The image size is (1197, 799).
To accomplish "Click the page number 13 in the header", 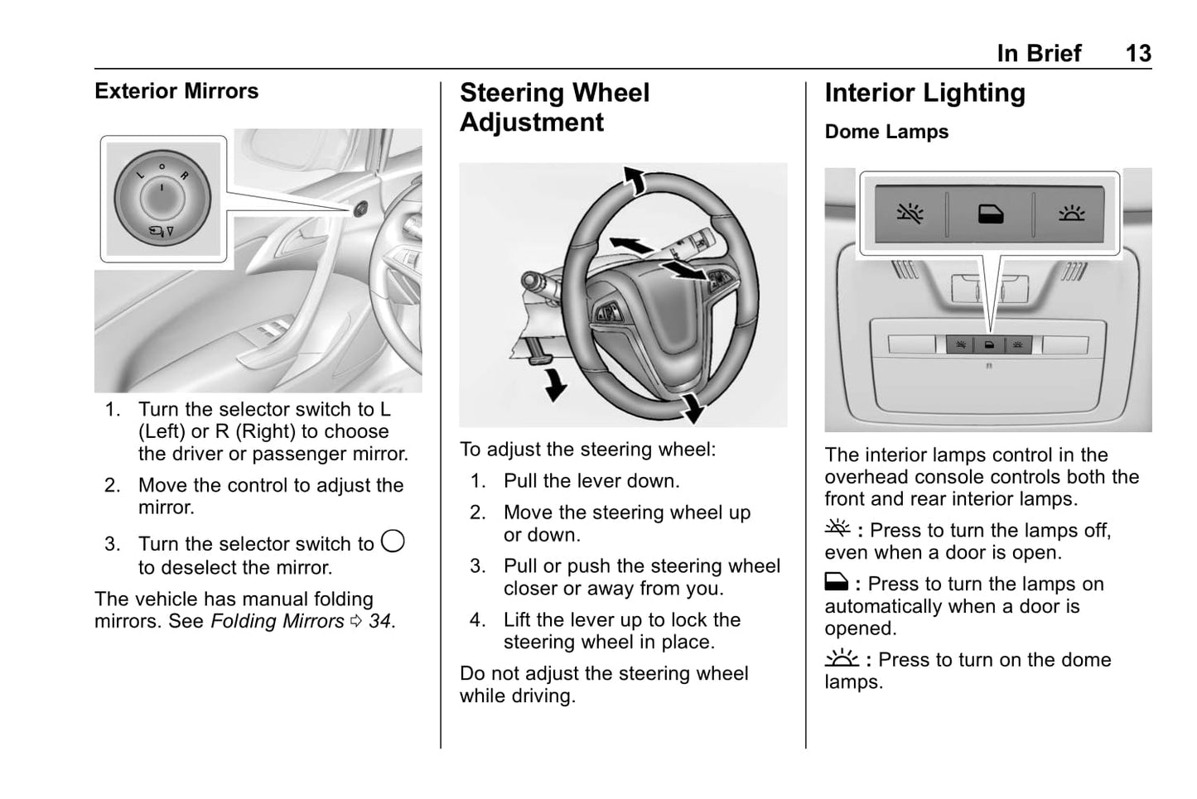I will [1137, 54].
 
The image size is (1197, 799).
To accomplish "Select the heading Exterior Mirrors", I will [176, 91].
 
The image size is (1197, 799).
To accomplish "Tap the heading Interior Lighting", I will [924, 94].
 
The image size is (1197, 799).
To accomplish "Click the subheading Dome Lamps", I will [886, 132].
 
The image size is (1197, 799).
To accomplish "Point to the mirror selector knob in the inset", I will [162, 198].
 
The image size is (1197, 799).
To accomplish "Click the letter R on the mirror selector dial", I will [184, 176].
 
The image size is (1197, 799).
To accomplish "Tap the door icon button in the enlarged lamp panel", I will [990, 214].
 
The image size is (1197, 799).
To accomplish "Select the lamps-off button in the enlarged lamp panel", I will [910, 214].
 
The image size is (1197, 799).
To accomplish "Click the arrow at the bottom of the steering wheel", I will [691, 407].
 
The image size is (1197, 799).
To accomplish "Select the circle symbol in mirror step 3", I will [393, 542].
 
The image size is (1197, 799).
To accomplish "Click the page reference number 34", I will [379, 621].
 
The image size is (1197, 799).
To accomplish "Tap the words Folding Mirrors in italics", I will [277, 621].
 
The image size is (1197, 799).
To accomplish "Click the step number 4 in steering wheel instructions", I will [477, 620].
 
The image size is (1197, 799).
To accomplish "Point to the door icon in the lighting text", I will [836, 583].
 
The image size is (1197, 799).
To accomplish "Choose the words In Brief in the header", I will [1039, 54].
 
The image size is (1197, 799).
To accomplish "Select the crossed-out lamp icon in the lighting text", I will [837, 528].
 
